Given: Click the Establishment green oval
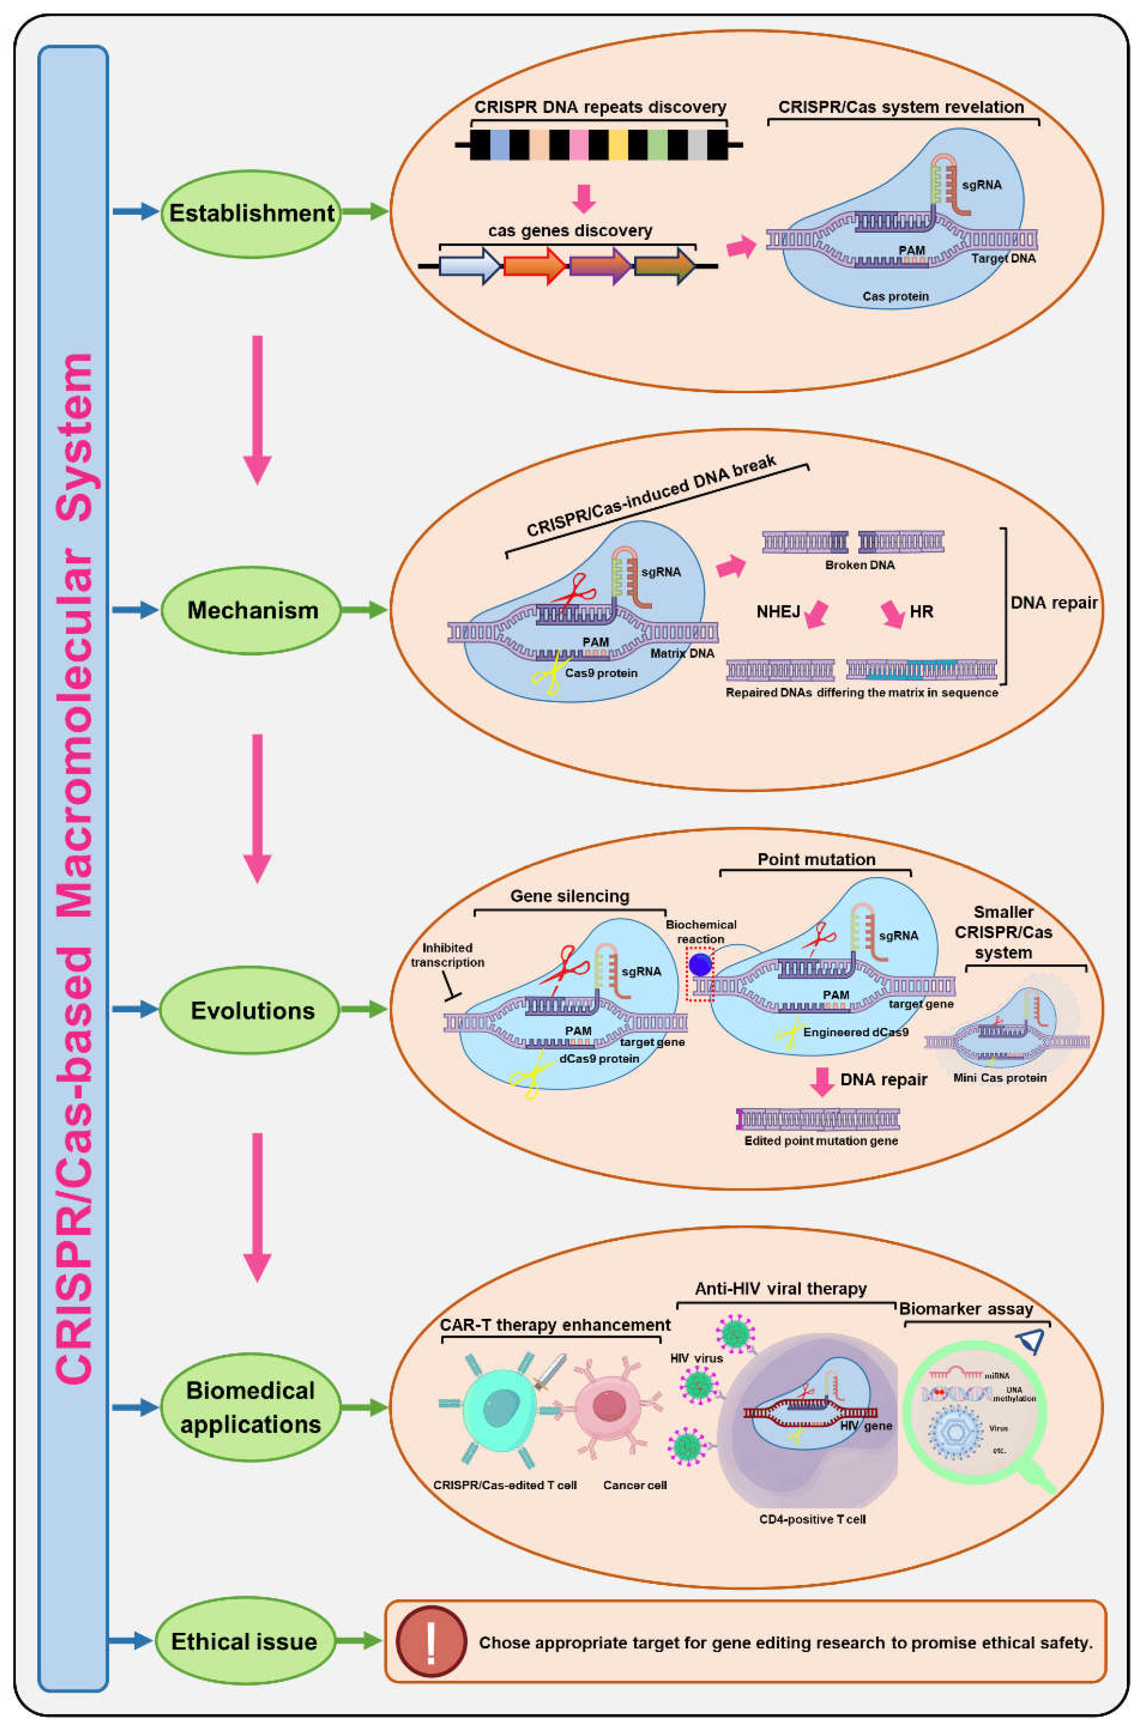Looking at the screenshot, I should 251,213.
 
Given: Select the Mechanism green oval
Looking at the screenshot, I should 251,611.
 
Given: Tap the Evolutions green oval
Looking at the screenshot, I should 251,1010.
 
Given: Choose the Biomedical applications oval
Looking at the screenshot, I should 251,1407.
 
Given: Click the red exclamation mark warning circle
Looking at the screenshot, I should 431,1640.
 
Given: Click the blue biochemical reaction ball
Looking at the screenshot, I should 700,964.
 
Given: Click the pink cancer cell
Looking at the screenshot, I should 609,1407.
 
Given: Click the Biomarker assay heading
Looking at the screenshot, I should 966,1309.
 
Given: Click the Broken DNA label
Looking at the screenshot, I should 859,564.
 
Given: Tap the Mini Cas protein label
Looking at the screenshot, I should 1000,1078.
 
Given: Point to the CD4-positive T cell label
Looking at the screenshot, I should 812,1519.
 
